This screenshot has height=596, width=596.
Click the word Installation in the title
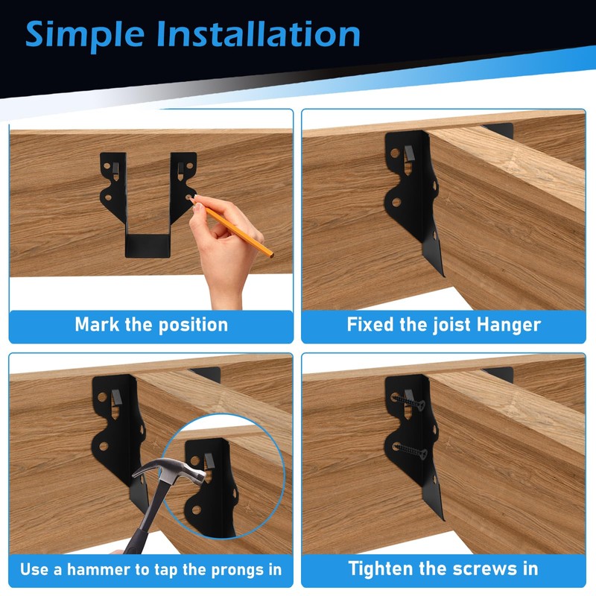point(258,34)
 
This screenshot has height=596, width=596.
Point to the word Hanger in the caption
point(509,326)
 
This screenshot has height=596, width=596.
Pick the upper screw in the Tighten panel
point(408,402)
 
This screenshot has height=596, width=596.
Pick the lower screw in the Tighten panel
point(410,451)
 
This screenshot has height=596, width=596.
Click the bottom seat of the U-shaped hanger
point(148,246)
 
